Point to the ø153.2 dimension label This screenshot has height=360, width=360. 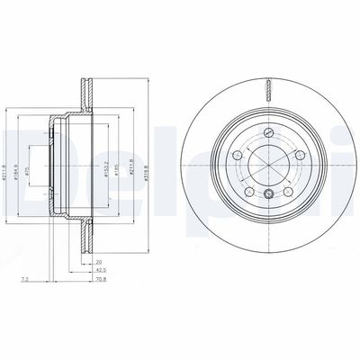[105, 168]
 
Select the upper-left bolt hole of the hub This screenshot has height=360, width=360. [238, 157]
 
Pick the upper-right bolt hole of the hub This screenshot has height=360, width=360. [300, 157]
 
